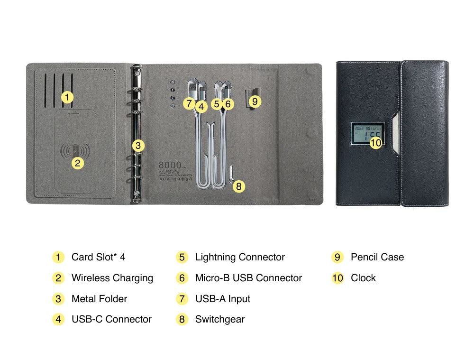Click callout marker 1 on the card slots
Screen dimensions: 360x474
(67, 98)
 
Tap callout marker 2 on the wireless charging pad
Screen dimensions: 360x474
(78, 163)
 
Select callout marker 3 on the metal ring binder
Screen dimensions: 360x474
(137, 146)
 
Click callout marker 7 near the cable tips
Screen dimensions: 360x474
(189, 103)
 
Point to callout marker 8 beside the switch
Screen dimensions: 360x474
(238, 186)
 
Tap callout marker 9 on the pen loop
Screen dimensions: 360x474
(255, 101)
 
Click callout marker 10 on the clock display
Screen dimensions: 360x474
(375, 142)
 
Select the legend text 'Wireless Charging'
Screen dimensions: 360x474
(112, 278)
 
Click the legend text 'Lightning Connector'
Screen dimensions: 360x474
(240, 257)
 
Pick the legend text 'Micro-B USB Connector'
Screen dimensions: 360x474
(248, 278)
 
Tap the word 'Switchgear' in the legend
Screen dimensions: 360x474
(220, 319)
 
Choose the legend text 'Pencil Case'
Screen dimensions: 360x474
(377, 257)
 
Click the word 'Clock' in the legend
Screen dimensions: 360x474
(363, 278)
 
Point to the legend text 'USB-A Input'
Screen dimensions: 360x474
(223, 299)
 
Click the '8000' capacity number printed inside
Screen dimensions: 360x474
(170, 165)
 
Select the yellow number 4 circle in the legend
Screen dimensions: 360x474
(58, 319)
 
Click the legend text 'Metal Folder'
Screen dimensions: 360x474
(99, 299)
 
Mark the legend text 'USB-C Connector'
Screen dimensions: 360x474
(111, 319)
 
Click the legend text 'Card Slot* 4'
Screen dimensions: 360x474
(98, 257)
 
